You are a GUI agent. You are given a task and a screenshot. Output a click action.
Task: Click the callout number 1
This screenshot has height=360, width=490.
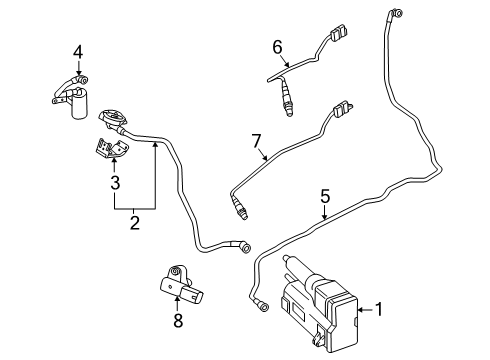pos(378,309)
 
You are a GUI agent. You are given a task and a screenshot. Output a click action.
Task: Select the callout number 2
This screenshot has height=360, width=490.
pos(134,223)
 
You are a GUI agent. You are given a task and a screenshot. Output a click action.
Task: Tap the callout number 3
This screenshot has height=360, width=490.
pos(115,183)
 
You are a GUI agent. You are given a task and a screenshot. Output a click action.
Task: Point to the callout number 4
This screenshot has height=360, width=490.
pos(78,52)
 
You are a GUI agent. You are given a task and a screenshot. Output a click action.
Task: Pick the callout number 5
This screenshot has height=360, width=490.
pos(325,196)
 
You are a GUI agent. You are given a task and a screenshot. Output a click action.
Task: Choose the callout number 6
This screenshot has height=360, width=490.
pos(277,47)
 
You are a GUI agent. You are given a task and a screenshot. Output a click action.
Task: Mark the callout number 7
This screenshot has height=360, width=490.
pos(256,141)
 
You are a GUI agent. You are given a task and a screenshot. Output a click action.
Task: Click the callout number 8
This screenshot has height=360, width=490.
pos(178,321)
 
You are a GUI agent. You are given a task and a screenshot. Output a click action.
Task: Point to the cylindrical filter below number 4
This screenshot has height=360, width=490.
pos(79,102)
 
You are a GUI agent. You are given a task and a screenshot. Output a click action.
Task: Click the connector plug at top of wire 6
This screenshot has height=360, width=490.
pos(338,32)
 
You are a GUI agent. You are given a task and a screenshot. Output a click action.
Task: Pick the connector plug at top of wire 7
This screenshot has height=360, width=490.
pos(341,109)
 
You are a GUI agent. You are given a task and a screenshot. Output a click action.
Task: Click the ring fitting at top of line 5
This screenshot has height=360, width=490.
pos(397,13)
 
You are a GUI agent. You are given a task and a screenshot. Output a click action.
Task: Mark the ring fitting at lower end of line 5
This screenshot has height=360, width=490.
pos(263,306)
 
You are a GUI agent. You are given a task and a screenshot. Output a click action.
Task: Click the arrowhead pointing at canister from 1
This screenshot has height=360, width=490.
pos(361,310)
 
